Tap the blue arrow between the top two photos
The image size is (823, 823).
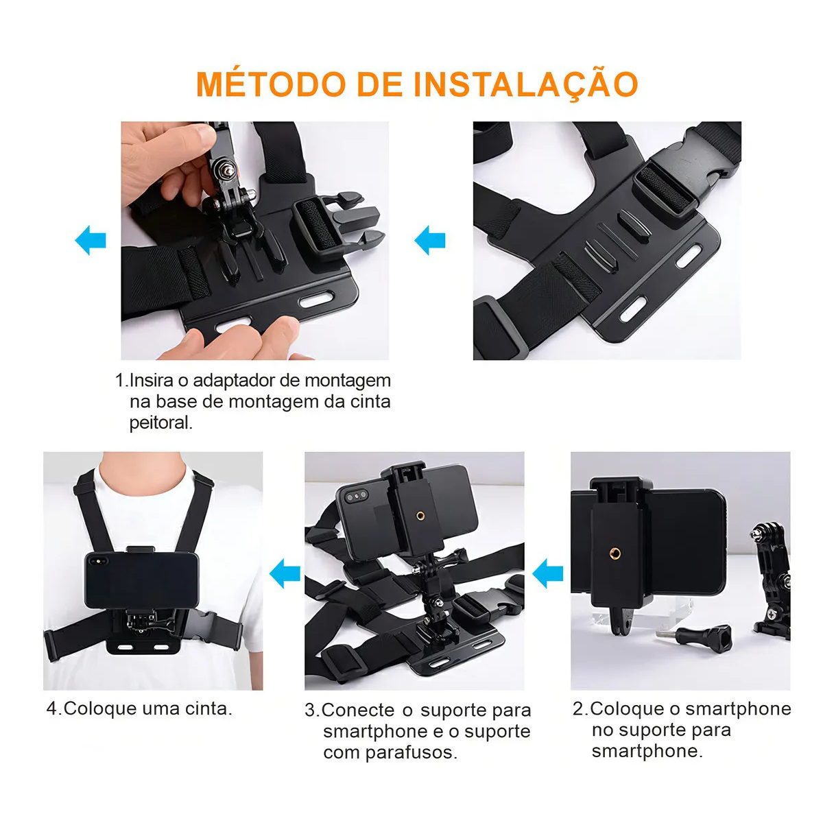430,241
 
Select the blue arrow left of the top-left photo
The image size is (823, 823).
91,241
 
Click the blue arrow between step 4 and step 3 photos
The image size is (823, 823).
285,573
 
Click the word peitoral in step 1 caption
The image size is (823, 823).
160,423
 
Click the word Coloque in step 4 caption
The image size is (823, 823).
100,708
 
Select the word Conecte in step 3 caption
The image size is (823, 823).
357,711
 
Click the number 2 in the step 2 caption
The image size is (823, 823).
577,709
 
